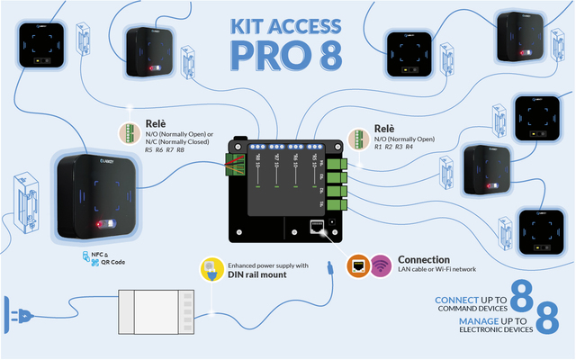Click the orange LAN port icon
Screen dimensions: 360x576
click(356, 265)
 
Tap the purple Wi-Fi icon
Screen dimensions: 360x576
click(381, 265)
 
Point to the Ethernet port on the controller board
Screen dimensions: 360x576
click(318, 228)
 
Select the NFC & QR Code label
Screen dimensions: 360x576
click(106, 260)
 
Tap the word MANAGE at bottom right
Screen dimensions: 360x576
click(480, 320)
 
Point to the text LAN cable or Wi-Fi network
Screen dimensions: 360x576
click(436, 269)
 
